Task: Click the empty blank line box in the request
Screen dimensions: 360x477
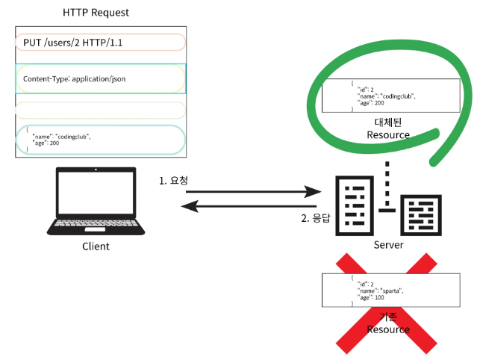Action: (x=99, y=110)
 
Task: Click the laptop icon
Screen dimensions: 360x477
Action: (x=95, y=199)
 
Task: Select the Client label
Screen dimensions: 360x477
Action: (x=95, y=246)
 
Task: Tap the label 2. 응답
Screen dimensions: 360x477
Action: (x=315, y=218)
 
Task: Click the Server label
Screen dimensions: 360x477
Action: (x=387, y=245)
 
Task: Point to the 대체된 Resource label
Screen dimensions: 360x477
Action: (x=388, y=128)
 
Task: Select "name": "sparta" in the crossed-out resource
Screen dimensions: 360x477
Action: (x=381, y=290)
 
